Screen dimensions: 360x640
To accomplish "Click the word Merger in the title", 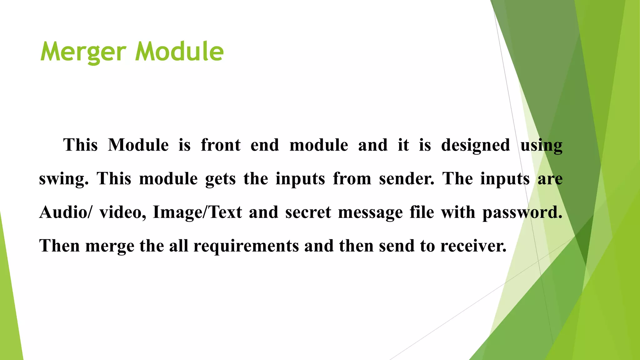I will [x=83, y=52].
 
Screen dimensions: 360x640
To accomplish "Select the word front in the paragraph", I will [x=221, y=145].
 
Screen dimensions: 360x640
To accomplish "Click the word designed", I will [x=475, y=145].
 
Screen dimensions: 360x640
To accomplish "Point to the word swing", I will [x=63, y=179].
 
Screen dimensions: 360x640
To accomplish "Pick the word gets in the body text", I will [x=220, y=179].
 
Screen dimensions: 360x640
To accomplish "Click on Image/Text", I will [x=197, y=212].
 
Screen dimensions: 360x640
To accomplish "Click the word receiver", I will [x=473, y=246].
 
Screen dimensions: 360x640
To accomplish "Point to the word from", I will [x=352, y=179].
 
